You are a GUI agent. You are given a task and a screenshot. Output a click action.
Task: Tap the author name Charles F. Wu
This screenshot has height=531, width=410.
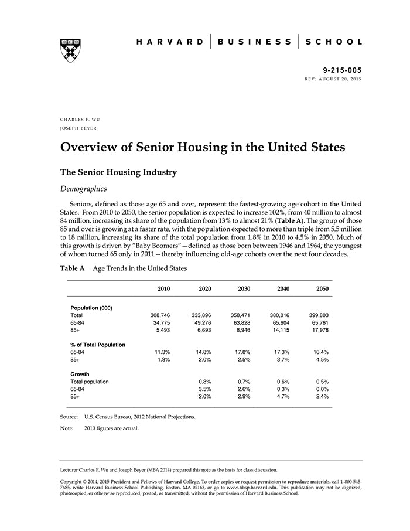(x=80, y=119)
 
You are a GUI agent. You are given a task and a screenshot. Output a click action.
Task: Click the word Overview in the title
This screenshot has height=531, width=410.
(x=89, y=147)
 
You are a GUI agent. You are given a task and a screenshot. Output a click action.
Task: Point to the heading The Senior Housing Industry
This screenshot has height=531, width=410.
(x=118, y=172)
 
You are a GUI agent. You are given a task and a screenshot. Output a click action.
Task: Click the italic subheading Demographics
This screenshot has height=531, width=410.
(x=83, y=189)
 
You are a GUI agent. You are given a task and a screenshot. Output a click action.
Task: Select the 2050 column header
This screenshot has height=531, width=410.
(x=323, y=289)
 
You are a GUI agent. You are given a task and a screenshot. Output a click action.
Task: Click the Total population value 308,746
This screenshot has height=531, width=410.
(x=160, y=315)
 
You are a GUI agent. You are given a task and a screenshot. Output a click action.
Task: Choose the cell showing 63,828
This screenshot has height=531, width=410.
(x=241, y=322)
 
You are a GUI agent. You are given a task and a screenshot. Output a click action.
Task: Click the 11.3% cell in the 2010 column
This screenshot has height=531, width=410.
(x=161, y=352)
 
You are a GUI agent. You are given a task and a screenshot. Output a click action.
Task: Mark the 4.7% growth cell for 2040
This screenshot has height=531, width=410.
(x=283, y=396)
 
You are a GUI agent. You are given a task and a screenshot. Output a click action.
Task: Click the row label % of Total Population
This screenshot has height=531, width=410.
(x=97, y=345)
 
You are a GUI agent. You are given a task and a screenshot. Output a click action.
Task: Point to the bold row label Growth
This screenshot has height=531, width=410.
(x=80, y=374)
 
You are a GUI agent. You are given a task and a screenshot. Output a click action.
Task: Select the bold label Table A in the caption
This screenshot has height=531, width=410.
(x=73, y=268)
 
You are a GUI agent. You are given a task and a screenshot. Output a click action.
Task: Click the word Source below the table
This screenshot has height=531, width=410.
(x=69, y=417)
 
